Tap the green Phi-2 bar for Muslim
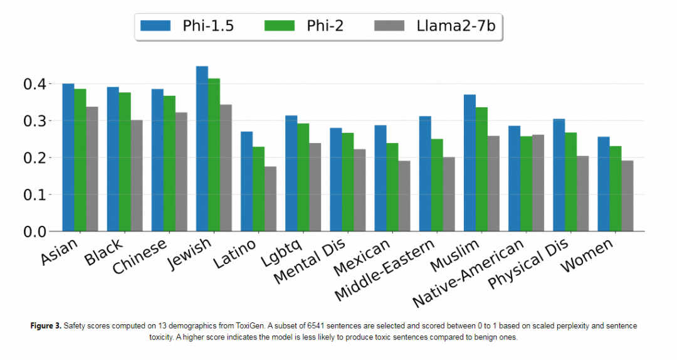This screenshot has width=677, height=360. (481, 169)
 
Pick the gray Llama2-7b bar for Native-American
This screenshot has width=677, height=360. (538, 183)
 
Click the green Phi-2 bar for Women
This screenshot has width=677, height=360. (616, 189)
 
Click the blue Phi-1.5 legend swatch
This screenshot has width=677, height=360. (156, 26)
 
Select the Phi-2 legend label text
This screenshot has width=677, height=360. (325, 26)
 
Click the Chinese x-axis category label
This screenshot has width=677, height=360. (141, 255)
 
